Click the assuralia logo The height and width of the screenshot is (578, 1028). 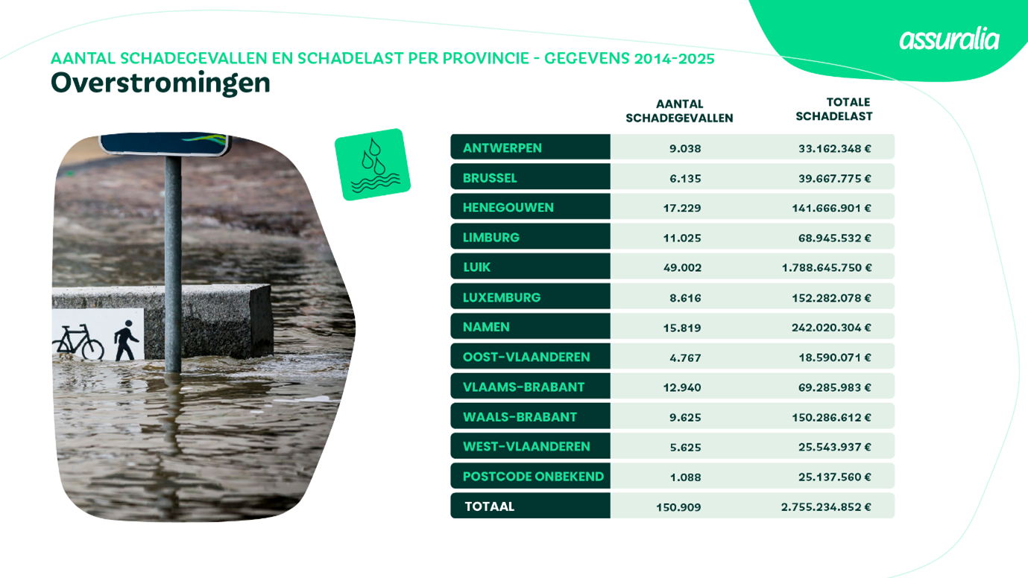(948, 39)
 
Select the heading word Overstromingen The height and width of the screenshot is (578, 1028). (160, 83)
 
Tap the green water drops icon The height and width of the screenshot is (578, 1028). (372, 165)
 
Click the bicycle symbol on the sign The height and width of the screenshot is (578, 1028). (78, 343)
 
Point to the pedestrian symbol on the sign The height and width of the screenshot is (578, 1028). (126, 340)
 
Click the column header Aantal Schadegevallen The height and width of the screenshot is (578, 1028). (679, 111)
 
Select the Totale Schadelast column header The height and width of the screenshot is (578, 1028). (833, 109)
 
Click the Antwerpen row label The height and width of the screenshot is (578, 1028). (502, 147)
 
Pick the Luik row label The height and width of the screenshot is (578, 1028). (477, 267)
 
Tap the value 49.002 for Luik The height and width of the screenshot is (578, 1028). (682, 267)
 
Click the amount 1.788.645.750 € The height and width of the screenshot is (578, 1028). (826, 267)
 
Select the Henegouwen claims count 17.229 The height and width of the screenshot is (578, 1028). (682, 208)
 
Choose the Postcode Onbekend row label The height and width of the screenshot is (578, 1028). (533, 476)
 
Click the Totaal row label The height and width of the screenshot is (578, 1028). (489, 506)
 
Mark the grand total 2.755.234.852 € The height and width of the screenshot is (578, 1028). (826, 507)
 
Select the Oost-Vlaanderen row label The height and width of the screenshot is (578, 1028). (526, 357)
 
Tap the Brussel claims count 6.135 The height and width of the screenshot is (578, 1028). (685, 178)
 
